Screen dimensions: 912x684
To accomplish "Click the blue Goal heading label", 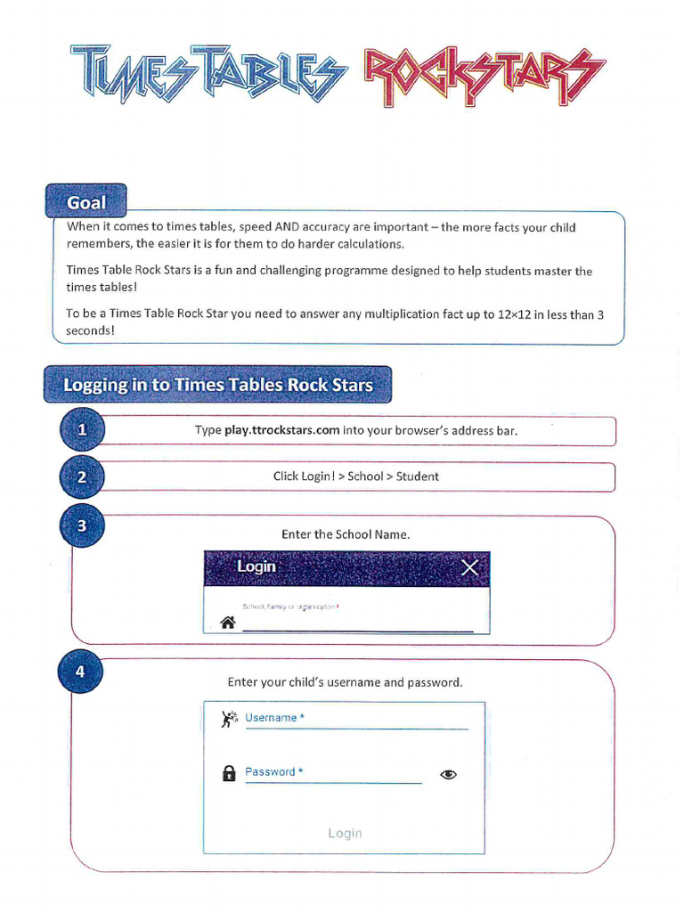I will [86, 202].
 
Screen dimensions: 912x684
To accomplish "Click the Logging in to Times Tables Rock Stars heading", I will [218, 385].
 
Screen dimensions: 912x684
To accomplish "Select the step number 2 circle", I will [82, 477].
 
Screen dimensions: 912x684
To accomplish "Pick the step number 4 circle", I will [80, 672].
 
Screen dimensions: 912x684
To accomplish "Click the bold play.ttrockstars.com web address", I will [282, 430].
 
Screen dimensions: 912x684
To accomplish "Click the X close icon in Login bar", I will [469, 567].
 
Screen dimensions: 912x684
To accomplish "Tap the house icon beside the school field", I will [228, 623].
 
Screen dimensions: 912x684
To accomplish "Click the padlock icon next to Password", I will [229, 773].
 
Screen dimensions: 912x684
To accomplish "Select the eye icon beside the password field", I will [449, 774].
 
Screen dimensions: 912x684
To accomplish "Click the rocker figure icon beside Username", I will [229, 719].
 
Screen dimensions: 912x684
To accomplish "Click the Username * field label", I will [275, 718].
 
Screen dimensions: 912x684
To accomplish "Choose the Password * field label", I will [274, 772].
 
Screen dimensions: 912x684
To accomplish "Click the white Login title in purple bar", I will [256, 566].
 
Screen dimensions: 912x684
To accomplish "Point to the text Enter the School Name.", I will [346, 534].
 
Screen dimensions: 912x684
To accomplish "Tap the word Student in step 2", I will [418, 476].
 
